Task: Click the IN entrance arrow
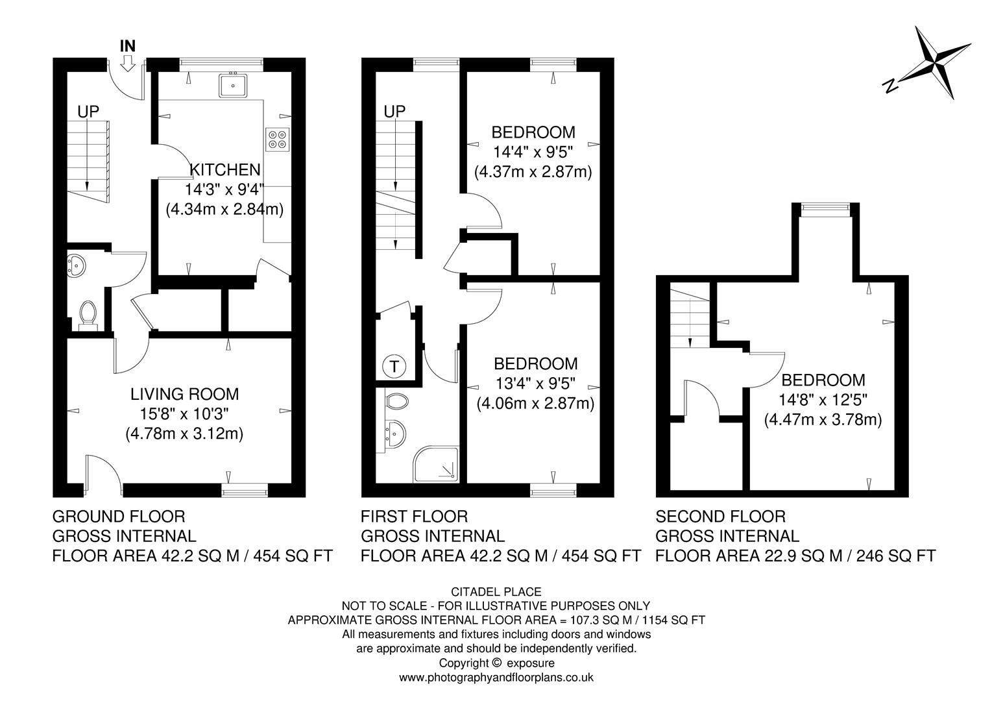tap(128, 62)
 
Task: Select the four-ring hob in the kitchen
tap(277, 140)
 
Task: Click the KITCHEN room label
tap(224, 170)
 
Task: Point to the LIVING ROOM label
tap(184, 394)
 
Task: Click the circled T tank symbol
tap(394, 367)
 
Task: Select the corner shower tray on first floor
tap(437, 464)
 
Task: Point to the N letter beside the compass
tap(890, 84)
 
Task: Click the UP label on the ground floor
tap(88, 112)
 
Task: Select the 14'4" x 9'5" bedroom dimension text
tap(533, 153)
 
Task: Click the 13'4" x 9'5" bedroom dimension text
tap(535, 384)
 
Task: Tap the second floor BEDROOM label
tap(823, 380)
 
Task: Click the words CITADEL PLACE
tap(496, 591)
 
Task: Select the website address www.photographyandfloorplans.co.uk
tap(496, 678)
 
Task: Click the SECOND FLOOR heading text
tap(720, 517)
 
